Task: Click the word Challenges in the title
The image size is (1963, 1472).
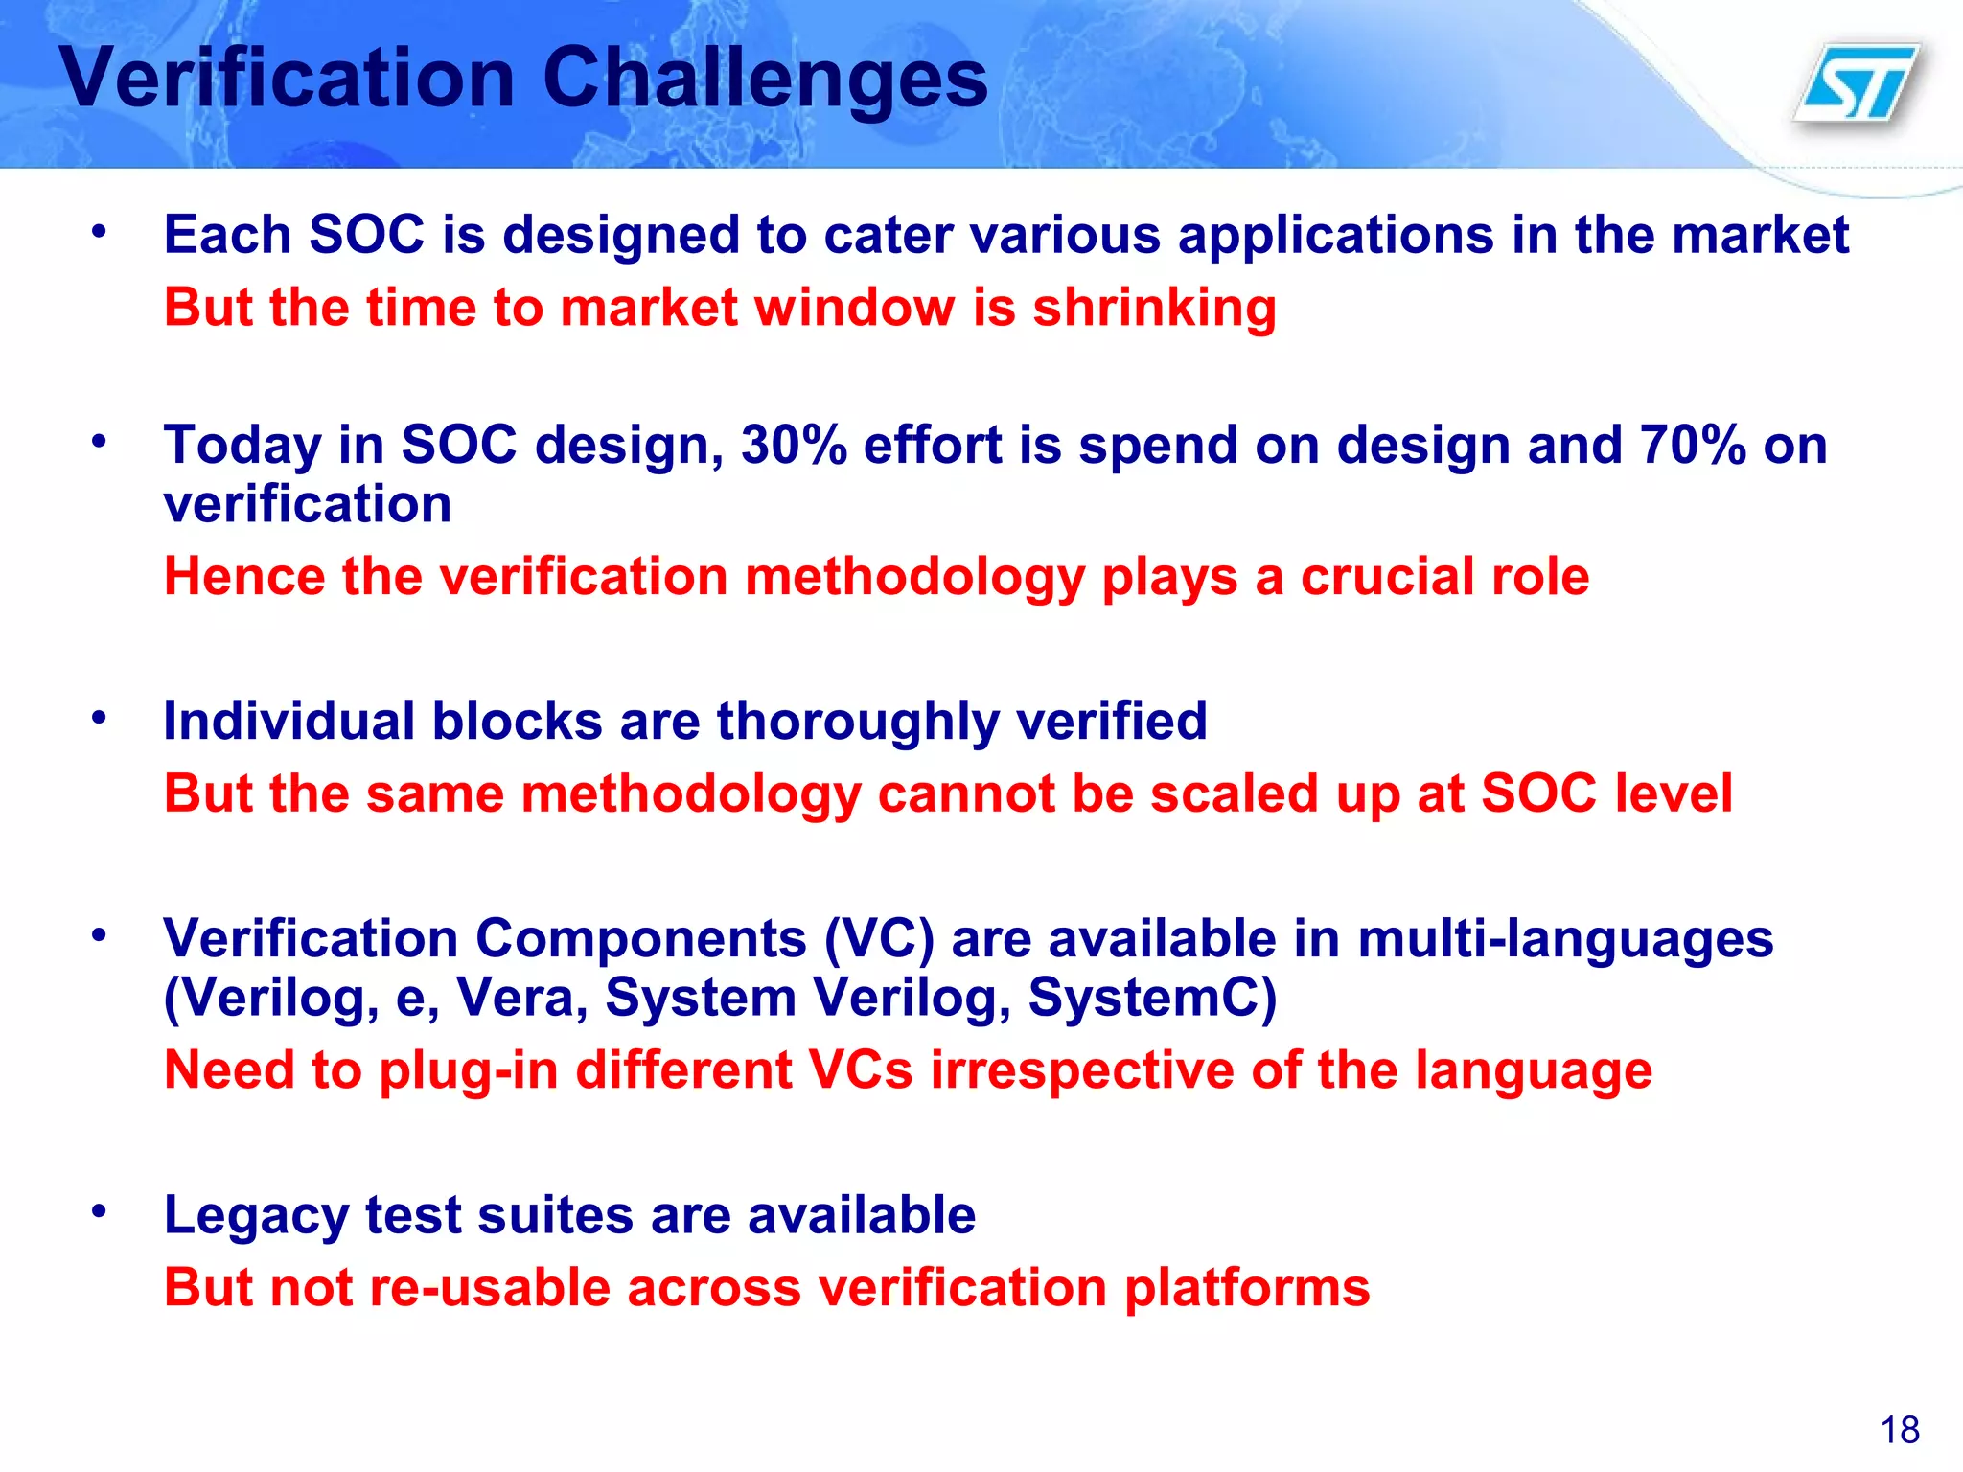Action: [x=765, y=79]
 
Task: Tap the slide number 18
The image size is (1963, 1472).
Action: [x=1900, y=1430]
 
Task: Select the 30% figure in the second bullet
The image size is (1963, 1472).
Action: [x=794, y=446]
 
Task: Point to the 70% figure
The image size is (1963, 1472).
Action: [x=1693, y=446]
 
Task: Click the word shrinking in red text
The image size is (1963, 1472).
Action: [x=1154, y=309]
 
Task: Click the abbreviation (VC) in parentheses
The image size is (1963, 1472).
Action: [x=879, y=938]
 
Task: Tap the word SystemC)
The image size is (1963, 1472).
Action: [x=1152, y=998]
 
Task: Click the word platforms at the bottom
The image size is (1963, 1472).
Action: [x=1247, y=1287]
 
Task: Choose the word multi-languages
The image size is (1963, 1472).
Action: [x=1565, y=938]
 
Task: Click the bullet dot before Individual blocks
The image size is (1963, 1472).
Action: [x=99, y=718]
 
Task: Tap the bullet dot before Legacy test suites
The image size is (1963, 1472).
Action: [x=99, y=1211]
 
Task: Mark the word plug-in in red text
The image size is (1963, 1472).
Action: [x=469, y=1070]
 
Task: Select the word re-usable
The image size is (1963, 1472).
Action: [x=490, y=1287]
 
